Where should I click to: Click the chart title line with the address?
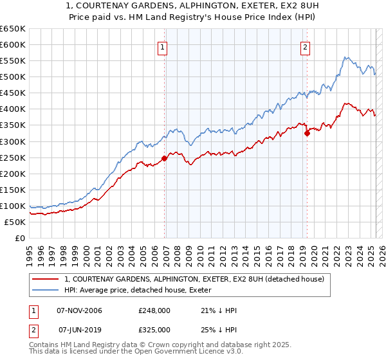[192, 6]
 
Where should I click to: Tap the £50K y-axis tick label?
[15, 222]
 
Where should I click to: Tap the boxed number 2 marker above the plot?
[304, 46]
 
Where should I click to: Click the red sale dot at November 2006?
[164, 158]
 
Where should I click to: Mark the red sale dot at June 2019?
[307, 133]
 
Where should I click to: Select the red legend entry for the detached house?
[198, 279]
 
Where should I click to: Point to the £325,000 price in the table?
[154, 329]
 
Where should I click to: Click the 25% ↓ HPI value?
[219, 329]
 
